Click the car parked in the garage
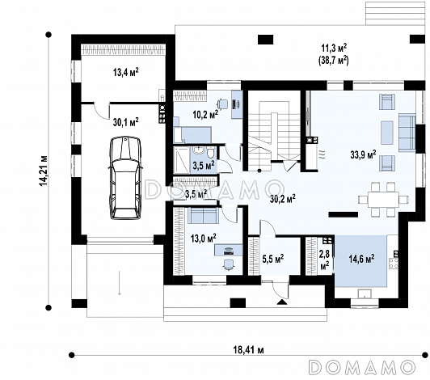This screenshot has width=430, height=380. click(x=125, y=178)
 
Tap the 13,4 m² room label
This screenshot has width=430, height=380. click(x=126, y=72)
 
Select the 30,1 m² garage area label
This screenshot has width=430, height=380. click(x=125, y=122)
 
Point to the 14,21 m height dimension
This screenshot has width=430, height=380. click(x=44, y=171)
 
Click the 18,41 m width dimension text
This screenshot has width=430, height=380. click(x=249, y=350)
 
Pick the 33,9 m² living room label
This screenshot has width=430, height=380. click(x=363, y=154)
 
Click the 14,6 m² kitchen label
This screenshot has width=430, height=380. click(x=362, y=259)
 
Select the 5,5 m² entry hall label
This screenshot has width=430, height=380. click(x=273, y=259)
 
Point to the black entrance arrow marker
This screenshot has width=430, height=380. click(x=282, y=302)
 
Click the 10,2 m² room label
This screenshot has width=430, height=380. click(x=205, y=114)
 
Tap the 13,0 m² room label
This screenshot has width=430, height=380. click(x=203, y=238)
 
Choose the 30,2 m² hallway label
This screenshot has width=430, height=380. click(x=282, y=199)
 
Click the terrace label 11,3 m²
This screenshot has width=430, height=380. click(x=334, y=49)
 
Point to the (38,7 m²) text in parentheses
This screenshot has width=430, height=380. click(x=333, y=60)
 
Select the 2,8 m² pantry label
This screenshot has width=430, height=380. click(x=325, y=260)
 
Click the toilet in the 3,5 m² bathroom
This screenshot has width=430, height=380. click(x=210, y=153)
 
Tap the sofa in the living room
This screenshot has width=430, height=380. click(x=407, y=133)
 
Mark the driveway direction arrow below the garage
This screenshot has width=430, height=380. click(x=120, y=283)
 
